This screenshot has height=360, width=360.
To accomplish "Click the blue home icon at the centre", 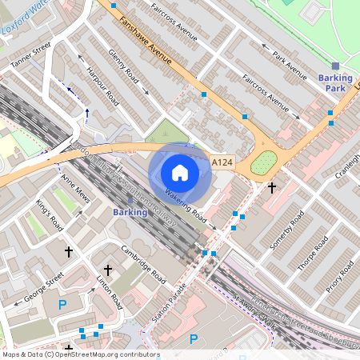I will pyautogui.click(x=180, y=172).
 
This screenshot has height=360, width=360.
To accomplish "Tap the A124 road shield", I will pyautogui.click(x=222, y=163).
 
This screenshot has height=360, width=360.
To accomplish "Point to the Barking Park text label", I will pyautogui.click(x=335, y=82).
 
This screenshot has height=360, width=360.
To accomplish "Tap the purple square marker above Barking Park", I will pyautogui.click(x=335, y=66).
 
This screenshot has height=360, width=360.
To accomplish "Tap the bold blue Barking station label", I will pyautogui.click(x=130, y=213).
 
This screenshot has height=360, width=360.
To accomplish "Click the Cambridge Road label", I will pyautogui.click(x=143, y=265).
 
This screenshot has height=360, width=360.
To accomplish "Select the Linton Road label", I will pyautogui.click(x=110, y=292).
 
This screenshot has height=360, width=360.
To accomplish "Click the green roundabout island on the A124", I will pyautogui.click(x=263, y=164).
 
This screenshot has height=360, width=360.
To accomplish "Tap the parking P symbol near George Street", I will pyautogui.click(x=62, y=304).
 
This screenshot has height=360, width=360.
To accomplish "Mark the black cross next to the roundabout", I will pyautogui.click(x=272, y=187).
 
